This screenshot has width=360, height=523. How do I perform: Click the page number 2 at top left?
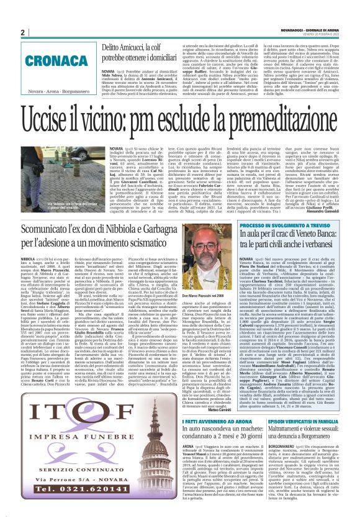pyautogui.click(x=22, y=33)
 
